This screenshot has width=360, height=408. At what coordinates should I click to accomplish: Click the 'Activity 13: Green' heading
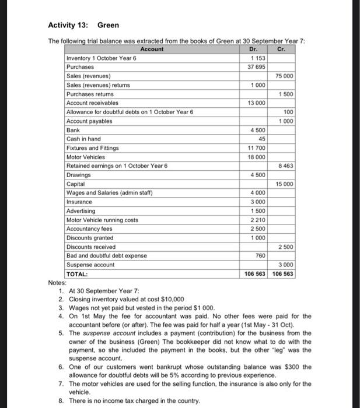(83, 25)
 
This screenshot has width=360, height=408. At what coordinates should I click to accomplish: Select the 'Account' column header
(152, 50)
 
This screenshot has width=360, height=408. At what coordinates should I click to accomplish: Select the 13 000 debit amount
(256, 103)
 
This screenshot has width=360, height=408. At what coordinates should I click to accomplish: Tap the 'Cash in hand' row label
(84, 139)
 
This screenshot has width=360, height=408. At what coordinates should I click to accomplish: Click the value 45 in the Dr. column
(261, 139)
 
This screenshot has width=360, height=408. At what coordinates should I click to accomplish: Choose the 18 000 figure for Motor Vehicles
(256, 157)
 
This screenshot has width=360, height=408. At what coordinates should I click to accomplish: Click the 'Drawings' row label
(79, 175)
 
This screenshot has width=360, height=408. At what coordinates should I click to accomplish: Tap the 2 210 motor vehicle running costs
(257, 220)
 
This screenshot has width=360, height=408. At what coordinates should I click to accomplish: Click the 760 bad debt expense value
(260, 255)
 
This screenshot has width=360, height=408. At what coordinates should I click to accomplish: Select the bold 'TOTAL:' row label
(77, 274)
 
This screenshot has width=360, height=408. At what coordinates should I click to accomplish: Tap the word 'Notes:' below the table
(57, 283)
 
